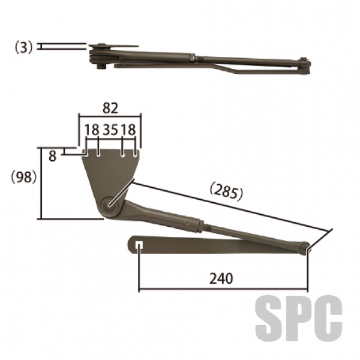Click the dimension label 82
click(110, 109)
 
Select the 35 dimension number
click(110, 130)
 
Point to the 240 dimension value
click(221, 278)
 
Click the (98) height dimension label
click(24, 177)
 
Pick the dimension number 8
click(53, 157)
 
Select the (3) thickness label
click(24, 47)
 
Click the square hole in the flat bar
click(139, 245)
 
